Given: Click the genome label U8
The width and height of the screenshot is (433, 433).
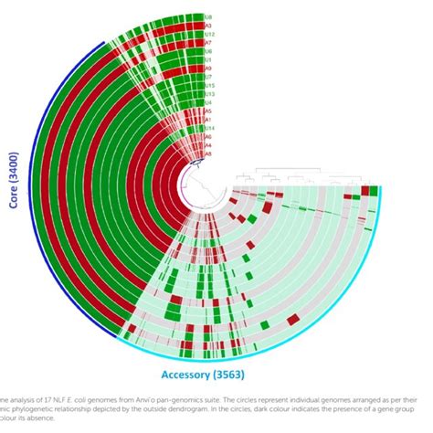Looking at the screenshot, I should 208,17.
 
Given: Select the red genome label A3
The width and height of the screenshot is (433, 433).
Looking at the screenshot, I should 208,26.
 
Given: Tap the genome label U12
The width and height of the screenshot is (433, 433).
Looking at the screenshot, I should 209,35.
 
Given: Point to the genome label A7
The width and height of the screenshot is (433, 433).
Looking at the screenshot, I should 208,43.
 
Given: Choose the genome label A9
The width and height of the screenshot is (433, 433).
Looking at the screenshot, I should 208,69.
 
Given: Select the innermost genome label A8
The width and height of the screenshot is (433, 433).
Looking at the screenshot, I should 208,153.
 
